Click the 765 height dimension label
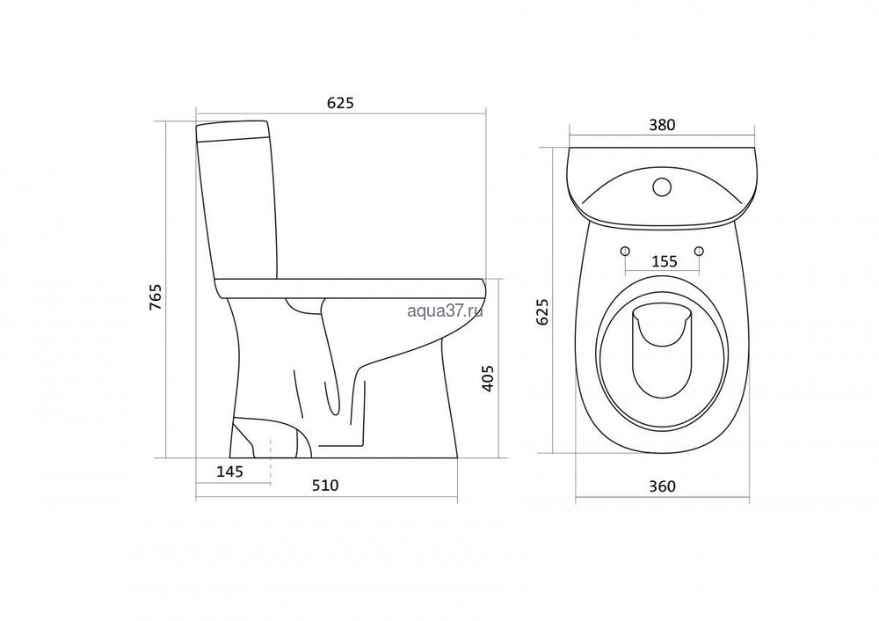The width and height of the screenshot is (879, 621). (156, 298)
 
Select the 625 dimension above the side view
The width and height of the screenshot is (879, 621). (341, 103)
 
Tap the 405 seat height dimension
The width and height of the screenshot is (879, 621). (488, 378)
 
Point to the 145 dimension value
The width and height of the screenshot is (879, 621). (229, 471)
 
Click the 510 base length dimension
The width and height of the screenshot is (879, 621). (325, 485)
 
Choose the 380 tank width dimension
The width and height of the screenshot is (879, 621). (662, 125)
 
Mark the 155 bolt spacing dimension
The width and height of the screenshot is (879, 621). (665, 261)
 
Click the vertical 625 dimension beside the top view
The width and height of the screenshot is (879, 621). (542, 312)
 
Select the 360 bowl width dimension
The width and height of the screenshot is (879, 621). (662, 486)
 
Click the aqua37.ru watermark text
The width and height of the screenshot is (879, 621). (445, 312)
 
